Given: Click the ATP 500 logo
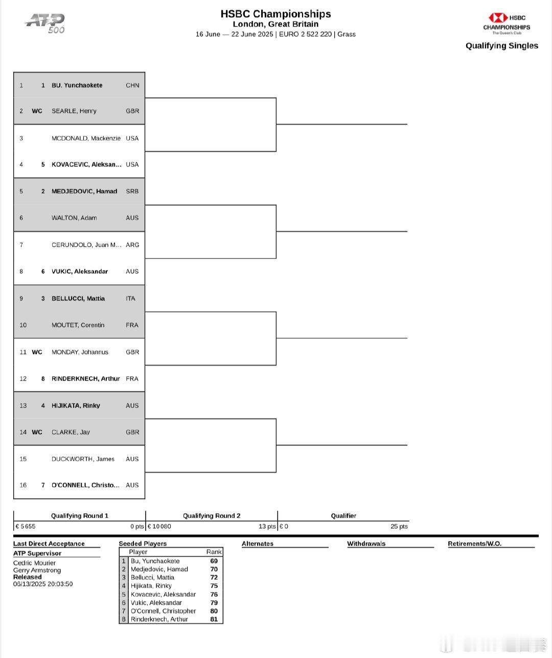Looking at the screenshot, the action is (45, 23).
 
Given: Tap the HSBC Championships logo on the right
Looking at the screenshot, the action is (507, 24).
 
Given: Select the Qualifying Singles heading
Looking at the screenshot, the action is (501, 45).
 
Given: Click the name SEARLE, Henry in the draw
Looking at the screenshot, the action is (74, 111).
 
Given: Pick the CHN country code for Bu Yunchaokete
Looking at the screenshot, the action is (132, 85).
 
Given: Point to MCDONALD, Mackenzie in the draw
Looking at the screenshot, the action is (86, 138).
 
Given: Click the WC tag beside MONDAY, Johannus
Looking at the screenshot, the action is (37, 352).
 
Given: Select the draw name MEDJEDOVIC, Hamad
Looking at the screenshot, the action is (84, 191).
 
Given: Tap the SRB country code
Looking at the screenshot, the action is (132, 191).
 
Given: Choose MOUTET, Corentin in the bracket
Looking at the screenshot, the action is (78, 325).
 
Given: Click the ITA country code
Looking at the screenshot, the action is (130, 298).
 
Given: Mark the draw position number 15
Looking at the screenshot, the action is (23, 459).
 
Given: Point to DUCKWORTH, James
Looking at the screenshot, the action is (83, 459).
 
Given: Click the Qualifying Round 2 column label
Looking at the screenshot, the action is (212, 515).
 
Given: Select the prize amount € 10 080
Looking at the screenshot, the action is (159, 526).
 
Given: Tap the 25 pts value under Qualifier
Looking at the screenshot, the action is (399, 526).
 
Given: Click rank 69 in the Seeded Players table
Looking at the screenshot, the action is (214, 561).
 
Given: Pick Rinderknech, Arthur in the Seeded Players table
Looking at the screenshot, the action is (159, 619).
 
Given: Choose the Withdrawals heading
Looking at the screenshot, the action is (366, 543).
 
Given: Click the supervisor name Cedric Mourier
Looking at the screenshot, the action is (34, 563).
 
